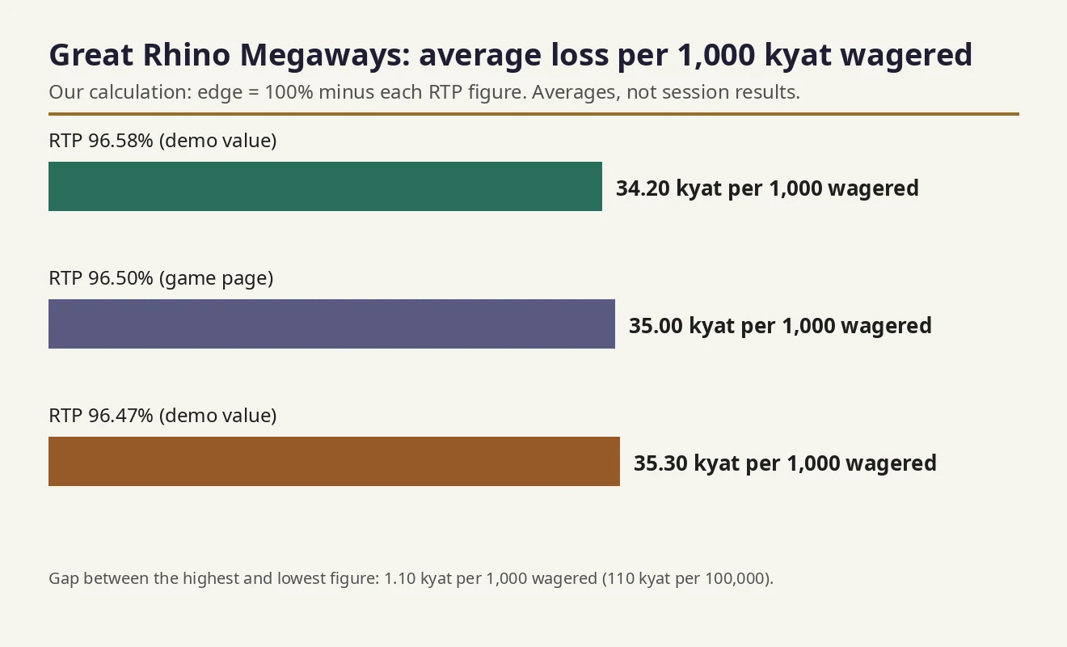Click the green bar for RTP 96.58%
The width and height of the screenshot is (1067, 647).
[325, 186]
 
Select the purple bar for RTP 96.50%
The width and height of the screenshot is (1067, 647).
[331, 324]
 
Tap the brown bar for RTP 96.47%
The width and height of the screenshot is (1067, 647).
[334, 461]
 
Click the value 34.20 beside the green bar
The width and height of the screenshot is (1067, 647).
[643, 188]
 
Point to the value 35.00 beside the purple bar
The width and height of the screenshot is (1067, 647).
[656, 326]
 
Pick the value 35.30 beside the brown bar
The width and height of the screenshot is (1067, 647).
[660, 463]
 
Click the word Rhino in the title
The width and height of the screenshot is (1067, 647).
[187, 55]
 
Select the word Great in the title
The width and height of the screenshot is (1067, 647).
[91, 55]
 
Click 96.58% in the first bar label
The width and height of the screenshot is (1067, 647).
[120, 141]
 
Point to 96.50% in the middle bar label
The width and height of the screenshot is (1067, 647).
[120, 278]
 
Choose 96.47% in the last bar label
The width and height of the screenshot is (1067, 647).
[120, 416]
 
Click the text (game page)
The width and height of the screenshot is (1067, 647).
[217, 279]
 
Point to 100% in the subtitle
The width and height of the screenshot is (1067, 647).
[289, 92]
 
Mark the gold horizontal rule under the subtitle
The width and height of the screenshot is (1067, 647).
[534, 114]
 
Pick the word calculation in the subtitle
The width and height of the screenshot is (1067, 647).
[141, 92]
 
